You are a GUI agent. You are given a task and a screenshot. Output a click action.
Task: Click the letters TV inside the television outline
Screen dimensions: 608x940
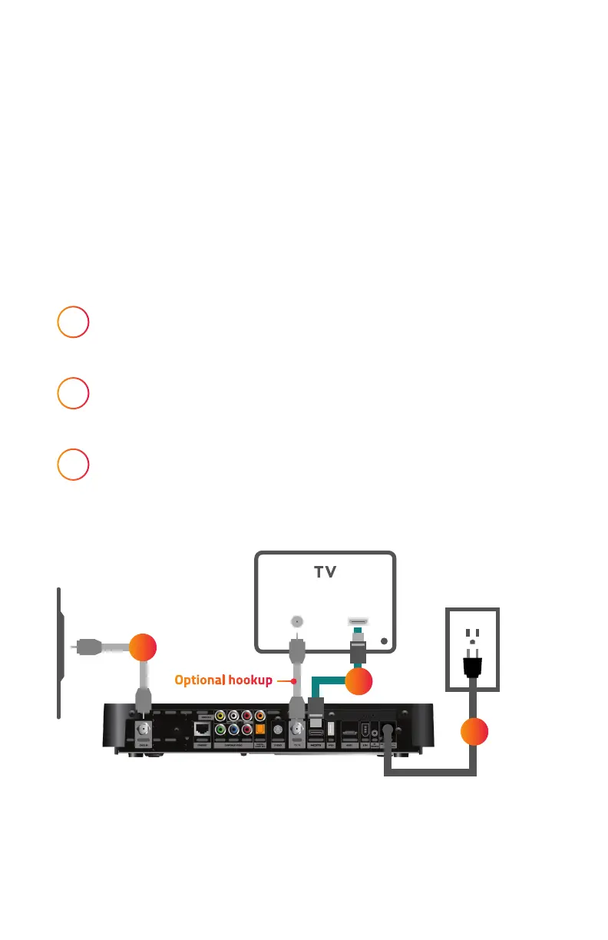[x=325, y=572]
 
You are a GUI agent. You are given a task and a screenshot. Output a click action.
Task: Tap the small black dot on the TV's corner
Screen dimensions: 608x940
[x=385, y=640]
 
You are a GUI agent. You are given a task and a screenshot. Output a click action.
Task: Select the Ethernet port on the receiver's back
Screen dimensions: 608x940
[x=201, y=729]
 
